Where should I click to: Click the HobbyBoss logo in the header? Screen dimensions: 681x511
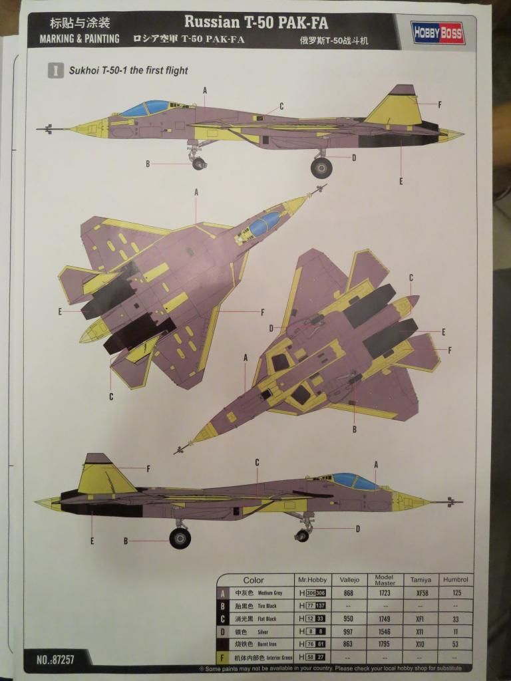(x=438, y=33)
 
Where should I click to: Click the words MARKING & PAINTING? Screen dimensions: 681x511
(x=79, y=39)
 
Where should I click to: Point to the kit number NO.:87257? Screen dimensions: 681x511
(x=56, y=660)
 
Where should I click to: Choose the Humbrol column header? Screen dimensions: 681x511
(x=455, y=580)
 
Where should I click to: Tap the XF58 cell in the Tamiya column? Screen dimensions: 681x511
(x=419, y=593)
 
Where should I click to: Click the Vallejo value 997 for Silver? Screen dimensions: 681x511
(x=347, y=632)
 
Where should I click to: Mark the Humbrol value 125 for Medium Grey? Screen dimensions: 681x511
(x=455, y=593)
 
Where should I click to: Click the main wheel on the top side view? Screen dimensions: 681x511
(x=321, y=167)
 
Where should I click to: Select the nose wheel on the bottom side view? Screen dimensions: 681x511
(x=302, y=535)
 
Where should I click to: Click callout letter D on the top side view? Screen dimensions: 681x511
(x=354, y=158)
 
